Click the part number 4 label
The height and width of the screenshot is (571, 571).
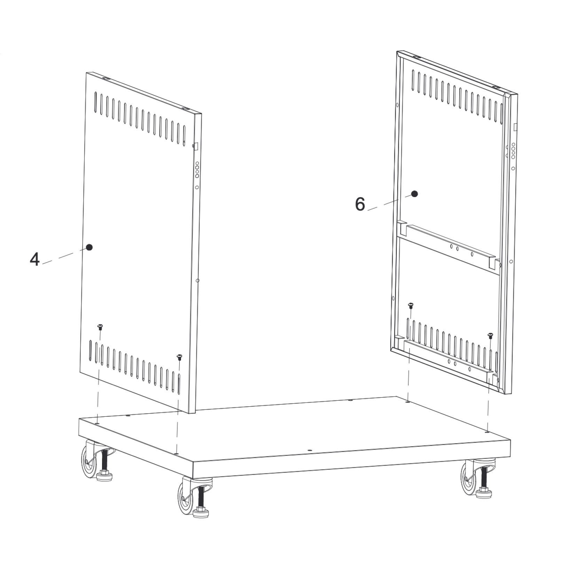point(34,259)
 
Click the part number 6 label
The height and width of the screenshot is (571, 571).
point(360,204)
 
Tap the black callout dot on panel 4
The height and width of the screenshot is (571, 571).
point(89,247)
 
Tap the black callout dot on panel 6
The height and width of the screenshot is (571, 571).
point(414,194)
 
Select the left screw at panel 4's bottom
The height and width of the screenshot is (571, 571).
point(100,327)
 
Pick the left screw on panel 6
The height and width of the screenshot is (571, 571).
point(410,305)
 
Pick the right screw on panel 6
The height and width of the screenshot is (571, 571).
point(491,336)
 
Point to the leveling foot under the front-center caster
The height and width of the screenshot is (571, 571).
point(201,511)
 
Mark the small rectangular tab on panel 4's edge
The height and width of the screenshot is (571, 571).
point(196,146)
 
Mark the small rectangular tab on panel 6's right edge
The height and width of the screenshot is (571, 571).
point(515,127)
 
